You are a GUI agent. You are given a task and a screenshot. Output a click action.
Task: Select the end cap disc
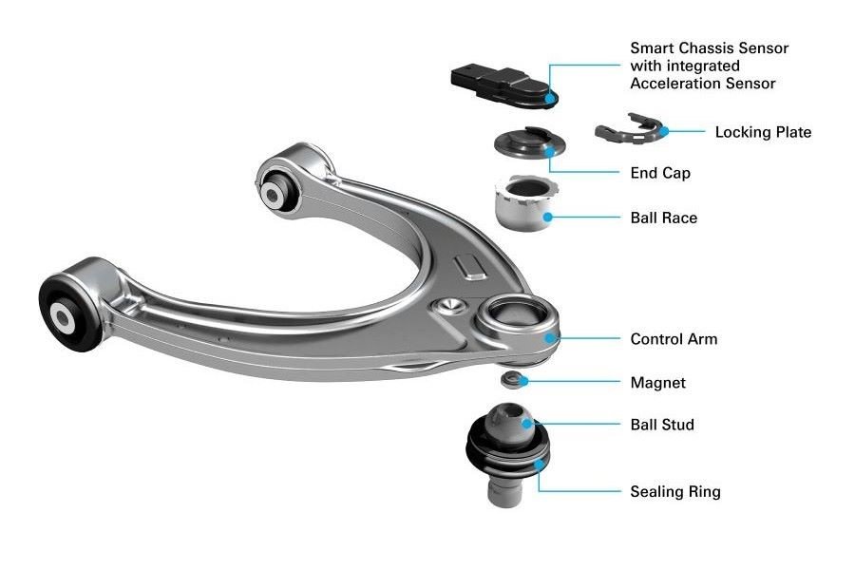[529, 142]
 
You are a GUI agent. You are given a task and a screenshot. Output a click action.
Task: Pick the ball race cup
[526, 203]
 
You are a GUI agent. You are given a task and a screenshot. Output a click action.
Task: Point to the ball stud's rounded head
[510, 420]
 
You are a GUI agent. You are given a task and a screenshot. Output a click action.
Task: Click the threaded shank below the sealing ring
[505, 487]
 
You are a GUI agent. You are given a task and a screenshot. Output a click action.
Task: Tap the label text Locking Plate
[763, 132]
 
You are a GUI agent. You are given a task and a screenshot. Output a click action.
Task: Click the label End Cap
[660, 173]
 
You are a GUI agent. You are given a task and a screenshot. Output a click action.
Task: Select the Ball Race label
[664, 218]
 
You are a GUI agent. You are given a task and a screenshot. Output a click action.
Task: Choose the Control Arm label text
[674, 339]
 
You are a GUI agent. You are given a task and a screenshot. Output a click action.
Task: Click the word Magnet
[657, 382]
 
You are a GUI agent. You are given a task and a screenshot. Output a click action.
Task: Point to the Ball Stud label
[662, 425]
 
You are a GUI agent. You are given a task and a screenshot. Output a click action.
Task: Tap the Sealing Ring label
[675, 491]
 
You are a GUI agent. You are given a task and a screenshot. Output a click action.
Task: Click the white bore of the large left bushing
[62, 316]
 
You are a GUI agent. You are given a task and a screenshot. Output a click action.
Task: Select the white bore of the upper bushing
[272, 192]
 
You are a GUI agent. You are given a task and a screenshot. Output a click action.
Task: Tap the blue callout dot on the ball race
[548, 218]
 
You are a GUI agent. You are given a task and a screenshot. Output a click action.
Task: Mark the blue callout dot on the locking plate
[664, 131]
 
